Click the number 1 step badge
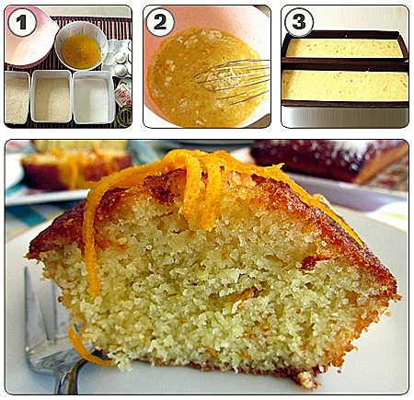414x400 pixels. coord(22,22)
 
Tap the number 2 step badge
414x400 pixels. coord(160,22)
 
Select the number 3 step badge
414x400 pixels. coord(299,22)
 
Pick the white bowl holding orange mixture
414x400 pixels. coord(81,46)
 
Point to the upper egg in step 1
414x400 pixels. coord(121,58)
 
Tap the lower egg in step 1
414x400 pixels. coord(121,71)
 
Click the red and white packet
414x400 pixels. coord(123,95)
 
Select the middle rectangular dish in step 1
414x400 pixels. coord(52,97)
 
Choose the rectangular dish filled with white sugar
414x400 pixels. coord(93,97)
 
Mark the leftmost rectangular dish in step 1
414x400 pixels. coord(17,97)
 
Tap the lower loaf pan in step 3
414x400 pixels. coord(345,86)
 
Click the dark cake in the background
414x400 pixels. coord(329,161)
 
